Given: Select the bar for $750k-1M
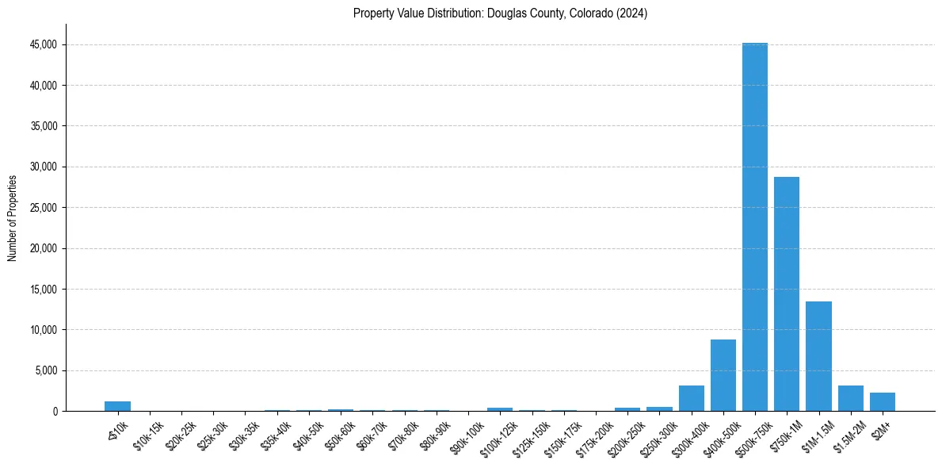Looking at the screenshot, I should tap(787, 293).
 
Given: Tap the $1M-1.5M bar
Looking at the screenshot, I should tap(818, 356).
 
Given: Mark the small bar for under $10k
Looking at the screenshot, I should tap(117, 406).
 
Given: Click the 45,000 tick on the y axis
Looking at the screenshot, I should tap(44, 45).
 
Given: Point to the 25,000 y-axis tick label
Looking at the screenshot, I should tap(44, 208).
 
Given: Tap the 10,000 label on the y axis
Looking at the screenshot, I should tap(44, 330).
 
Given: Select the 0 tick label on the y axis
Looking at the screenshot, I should tap(55, 412).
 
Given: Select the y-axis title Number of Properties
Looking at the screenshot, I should tap(12, 217).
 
